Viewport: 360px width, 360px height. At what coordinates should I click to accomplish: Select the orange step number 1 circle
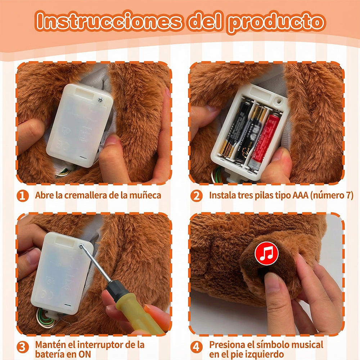(x=23, y=196)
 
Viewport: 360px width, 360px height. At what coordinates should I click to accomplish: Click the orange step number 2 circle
(x=197, y=196)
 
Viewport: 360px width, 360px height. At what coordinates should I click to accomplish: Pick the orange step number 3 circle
(x=23, y=347)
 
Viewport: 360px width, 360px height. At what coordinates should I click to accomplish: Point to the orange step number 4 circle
(x=197, y=347)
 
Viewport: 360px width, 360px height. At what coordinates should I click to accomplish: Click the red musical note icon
(x=266, y=253)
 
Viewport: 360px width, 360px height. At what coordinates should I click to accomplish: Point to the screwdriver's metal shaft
(x=96, y=263)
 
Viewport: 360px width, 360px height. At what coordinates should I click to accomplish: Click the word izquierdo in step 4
(x=265, y=354)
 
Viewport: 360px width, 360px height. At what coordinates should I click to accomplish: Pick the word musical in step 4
(x=306, y=345)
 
